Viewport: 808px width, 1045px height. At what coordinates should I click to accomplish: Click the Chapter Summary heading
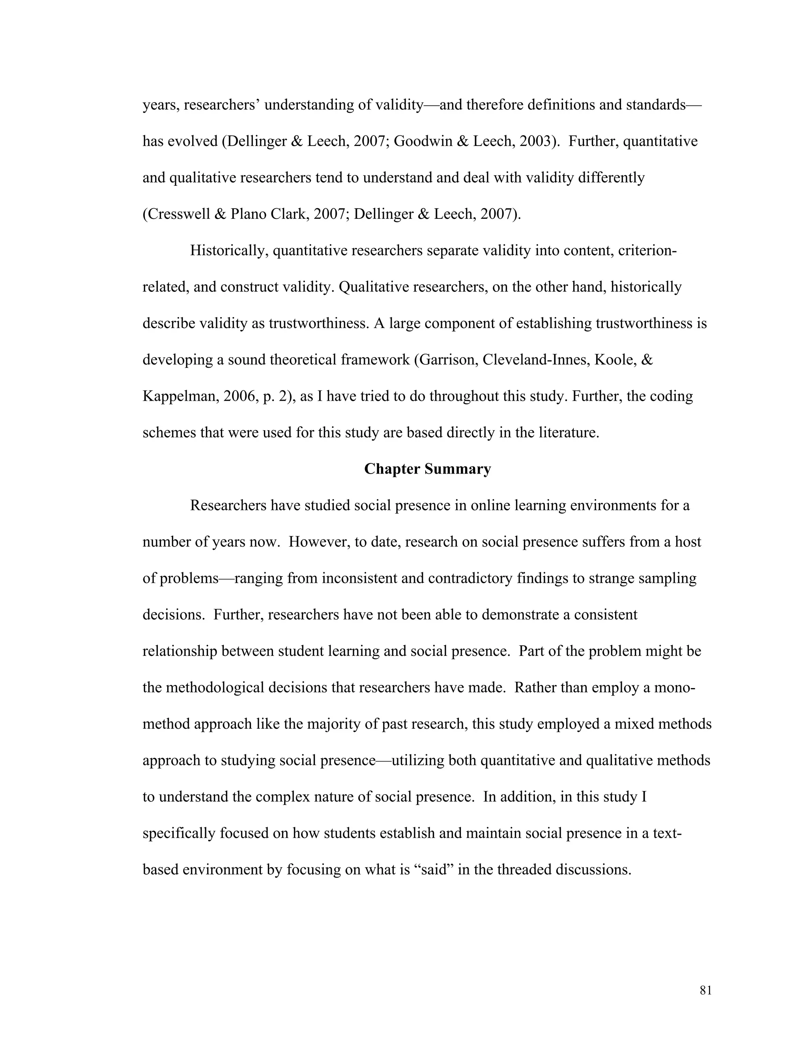tap(427, 469)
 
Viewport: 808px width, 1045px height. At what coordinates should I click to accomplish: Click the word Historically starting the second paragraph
tap(229, 251)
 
